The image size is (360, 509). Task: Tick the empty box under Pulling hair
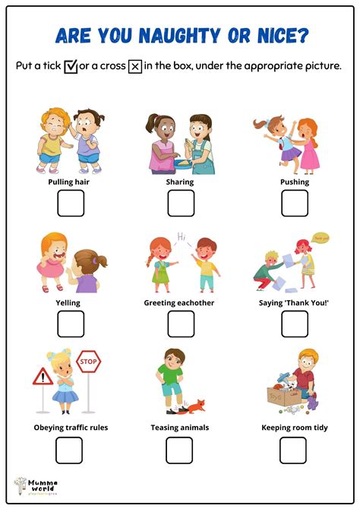pos(71,203)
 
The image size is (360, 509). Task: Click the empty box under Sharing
pos(180,203)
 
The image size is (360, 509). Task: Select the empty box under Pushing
pos(295,203)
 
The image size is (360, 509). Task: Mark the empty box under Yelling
pos(71,324)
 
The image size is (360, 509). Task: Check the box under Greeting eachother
pos(180,324)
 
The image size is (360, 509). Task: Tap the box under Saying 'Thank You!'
pos(295,324)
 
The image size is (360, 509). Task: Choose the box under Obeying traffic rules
pos(68,450)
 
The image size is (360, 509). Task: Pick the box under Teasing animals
pos(179,450)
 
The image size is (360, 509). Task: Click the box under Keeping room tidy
pos(293,450)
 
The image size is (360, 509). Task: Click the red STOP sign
pos(89,362)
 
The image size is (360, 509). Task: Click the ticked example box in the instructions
pos(71,66)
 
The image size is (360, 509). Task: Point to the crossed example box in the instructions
pos(134,66)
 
